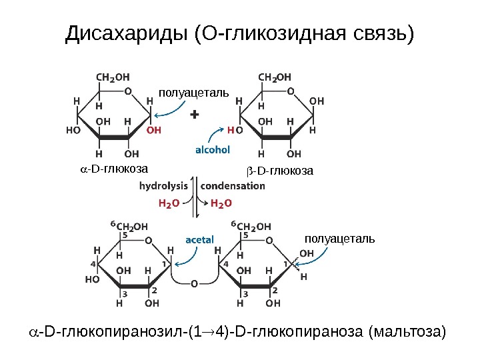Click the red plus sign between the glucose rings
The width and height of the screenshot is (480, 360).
point(195,115)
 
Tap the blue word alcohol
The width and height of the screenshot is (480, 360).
point(213,150)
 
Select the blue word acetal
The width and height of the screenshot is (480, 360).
point(199,238)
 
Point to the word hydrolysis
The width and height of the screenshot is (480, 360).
point(163,186)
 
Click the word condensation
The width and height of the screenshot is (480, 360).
point(233,186)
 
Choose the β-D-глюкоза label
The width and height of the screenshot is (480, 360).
point(281,172)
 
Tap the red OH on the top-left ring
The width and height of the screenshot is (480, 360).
point(153,131)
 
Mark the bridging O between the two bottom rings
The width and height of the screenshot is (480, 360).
point(194,283)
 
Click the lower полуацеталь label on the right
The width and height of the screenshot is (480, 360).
point(339,238)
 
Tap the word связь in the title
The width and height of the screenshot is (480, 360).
point(379,33)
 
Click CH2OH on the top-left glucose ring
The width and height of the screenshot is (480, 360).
point(114,77)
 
